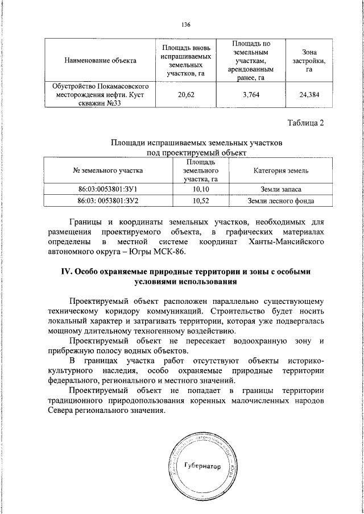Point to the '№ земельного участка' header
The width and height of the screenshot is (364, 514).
click(x=108, y=170)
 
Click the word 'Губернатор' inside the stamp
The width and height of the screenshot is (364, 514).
click(x=202, y=465)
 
